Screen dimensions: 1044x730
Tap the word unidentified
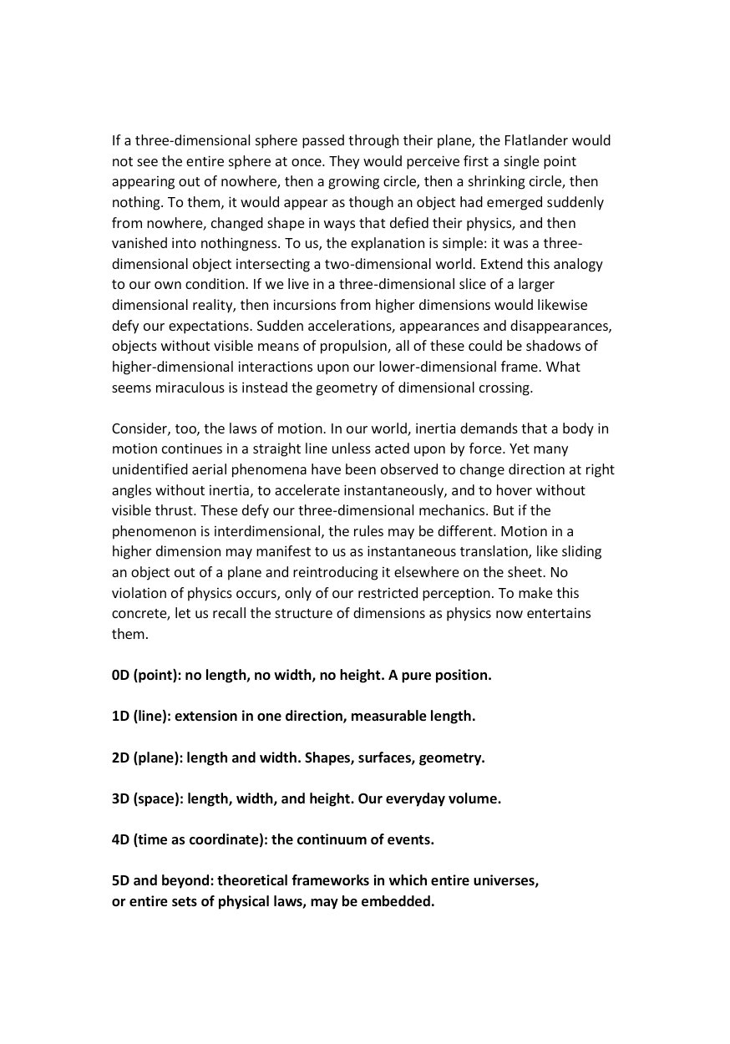tap(150, 469)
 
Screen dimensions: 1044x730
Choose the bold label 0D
tap(120, 675)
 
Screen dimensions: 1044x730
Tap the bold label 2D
tap(120, 758)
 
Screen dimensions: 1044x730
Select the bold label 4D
tap(120, 839)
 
